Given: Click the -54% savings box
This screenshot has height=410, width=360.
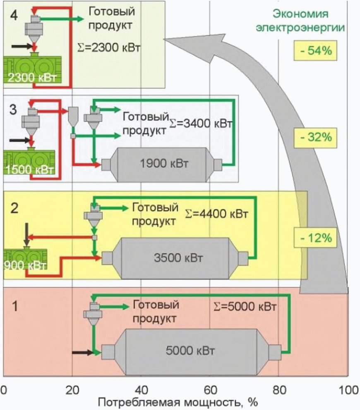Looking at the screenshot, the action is [x=315, y=50].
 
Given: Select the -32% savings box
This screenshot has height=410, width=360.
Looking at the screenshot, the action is [x=315, y=138].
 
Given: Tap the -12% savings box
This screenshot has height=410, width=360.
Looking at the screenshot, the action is [x=315, y=238].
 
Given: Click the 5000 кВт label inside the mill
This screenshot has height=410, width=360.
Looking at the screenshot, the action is [x=190, y=350].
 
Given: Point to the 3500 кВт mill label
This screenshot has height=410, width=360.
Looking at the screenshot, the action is [x=178, y=258].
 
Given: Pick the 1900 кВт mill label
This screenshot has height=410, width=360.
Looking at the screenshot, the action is [x=164, y=163].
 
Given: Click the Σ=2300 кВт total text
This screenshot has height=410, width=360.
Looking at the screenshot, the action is [x=109, y=48].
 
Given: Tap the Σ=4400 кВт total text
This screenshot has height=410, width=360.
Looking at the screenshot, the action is [x=216, y=214].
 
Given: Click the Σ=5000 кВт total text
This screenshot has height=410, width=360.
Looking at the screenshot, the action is [x=245, y=306].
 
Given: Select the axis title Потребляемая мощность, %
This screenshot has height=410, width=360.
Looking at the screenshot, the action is [x=178, y=403].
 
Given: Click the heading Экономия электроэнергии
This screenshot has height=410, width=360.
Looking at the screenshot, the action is [x=300, y=20].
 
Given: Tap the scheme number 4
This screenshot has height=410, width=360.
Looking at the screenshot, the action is [x=14, y=16].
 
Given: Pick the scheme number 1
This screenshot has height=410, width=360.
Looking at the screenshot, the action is [x=15, y=306].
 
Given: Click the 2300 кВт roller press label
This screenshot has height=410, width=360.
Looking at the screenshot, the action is [x=32, y=78].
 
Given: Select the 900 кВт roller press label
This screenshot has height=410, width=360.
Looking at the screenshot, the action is [x=25, y=265].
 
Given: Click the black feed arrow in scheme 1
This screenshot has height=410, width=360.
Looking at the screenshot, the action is [x=82, y=353].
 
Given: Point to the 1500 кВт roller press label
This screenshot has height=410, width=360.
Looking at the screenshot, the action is [x=30, y=170].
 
